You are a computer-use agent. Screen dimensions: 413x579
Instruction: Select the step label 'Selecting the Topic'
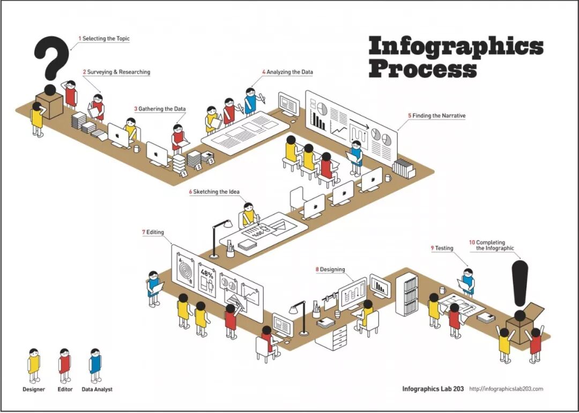[106, 39]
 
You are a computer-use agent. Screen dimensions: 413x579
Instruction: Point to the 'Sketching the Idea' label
[216, 192]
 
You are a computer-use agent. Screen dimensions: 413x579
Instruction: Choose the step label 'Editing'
[155, 232]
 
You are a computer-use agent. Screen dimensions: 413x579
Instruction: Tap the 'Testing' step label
[443, 248]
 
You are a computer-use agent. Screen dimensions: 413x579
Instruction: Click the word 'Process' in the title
[422, 68]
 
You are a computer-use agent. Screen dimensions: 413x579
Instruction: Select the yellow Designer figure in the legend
[34, 364]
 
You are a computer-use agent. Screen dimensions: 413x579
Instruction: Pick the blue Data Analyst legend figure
[95, 364]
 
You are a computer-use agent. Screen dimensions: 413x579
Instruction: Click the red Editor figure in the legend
[65, 364]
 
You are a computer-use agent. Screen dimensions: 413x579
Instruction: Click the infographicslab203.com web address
[506, 388]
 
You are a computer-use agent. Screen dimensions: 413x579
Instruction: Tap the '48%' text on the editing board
[207, 273]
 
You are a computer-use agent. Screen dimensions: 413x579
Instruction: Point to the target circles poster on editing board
[184, 268]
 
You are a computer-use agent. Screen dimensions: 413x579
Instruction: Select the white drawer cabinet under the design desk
[332, 338]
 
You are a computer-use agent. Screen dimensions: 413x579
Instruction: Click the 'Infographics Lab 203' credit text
[433, 388]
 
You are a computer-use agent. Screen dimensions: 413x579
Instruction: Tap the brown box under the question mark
[49, 105]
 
